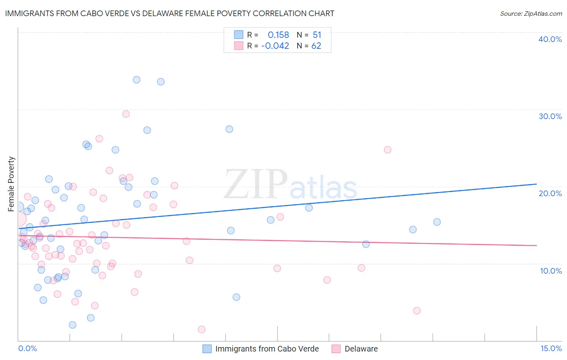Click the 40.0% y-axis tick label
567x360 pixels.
[550, 39]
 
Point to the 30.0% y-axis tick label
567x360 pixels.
[550, 116]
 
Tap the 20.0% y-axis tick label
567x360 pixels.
[550, 193]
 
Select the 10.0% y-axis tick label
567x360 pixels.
[551, 271]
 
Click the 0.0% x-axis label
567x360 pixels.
[27, 348]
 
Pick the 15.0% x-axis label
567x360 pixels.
[551, 348]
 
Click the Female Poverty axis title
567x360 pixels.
[11, 184]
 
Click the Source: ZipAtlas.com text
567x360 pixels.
[531, 14]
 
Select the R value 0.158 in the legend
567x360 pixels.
[278, 35]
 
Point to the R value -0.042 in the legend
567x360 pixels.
[275, 46]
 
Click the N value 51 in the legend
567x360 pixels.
[317, 35]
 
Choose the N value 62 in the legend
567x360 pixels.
[316, 46]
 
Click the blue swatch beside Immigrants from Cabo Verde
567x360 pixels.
[207, 349]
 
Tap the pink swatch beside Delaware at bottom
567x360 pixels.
[336, 349]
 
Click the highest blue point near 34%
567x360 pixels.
[137, 80]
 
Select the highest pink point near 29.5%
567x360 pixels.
[126, 114]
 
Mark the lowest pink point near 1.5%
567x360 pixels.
[202, 329]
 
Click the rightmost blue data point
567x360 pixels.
[437, 222]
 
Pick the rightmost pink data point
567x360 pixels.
[417, 311]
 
